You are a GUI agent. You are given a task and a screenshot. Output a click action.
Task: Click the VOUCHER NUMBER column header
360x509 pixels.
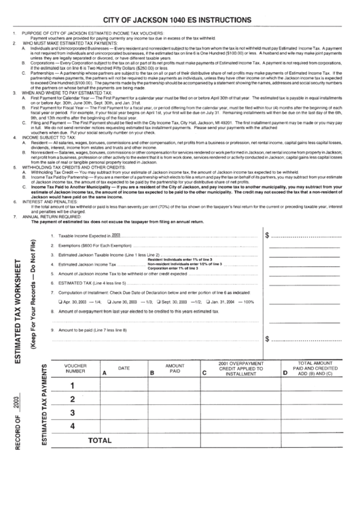(75, 369)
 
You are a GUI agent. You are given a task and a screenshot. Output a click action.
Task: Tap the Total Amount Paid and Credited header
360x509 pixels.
(317, 369)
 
